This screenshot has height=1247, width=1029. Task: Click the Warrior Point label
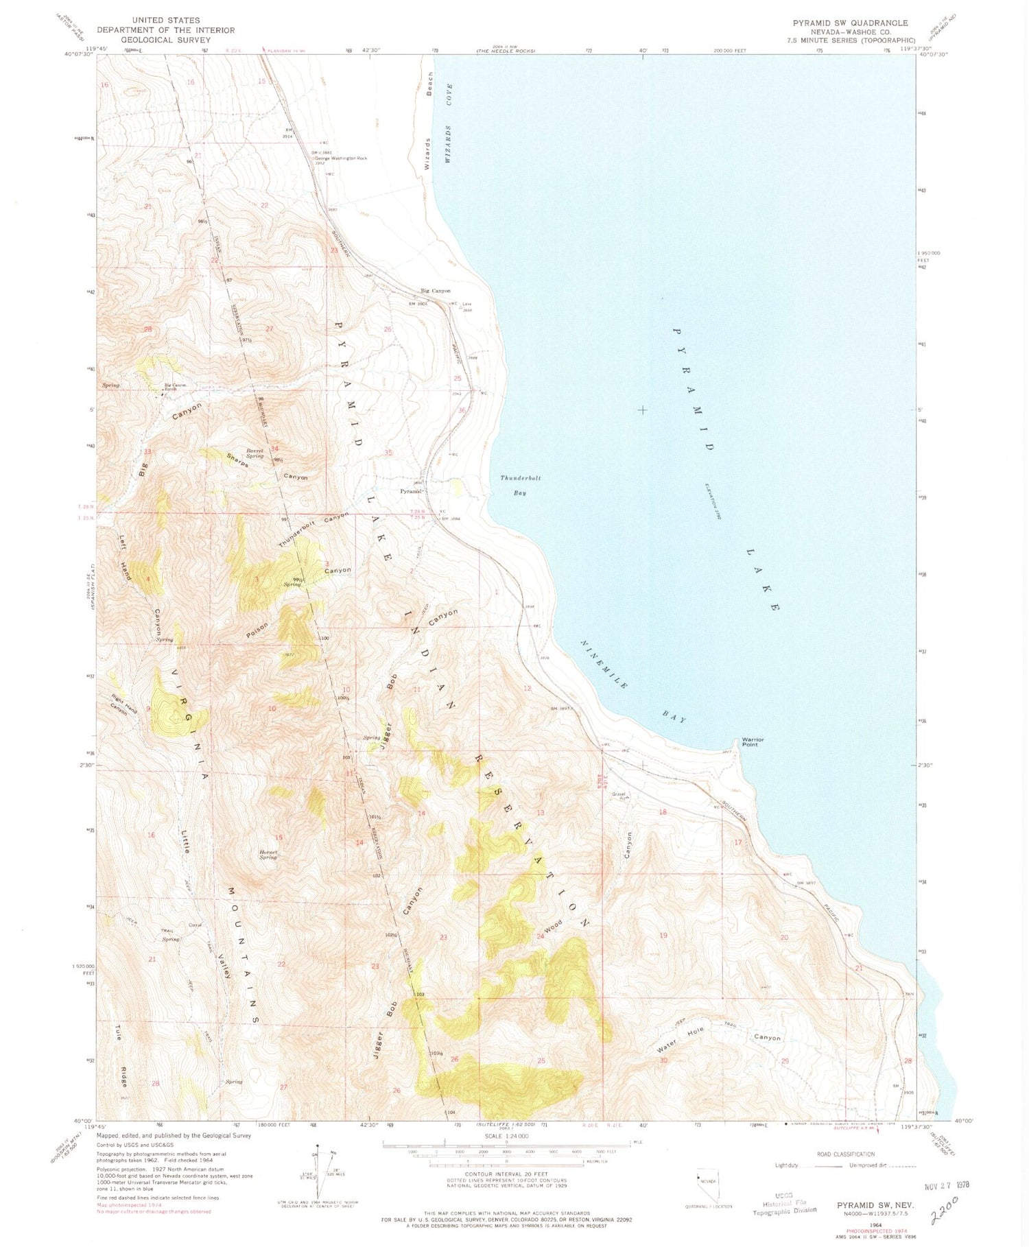tap(752, 741)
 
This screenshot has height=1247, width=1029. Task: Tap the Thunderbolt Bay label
tap(520, 485)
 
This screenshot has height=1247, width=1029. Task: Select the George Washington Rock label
tap(340, 158)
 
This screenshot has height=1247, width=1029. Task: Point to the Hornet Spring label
tap(268, 854)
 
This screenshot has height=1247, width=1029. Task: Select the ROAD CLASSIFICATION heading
tap(845, 1154)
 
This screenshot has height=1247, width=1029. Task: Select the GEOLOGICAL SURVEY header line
tap(165, 40)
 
